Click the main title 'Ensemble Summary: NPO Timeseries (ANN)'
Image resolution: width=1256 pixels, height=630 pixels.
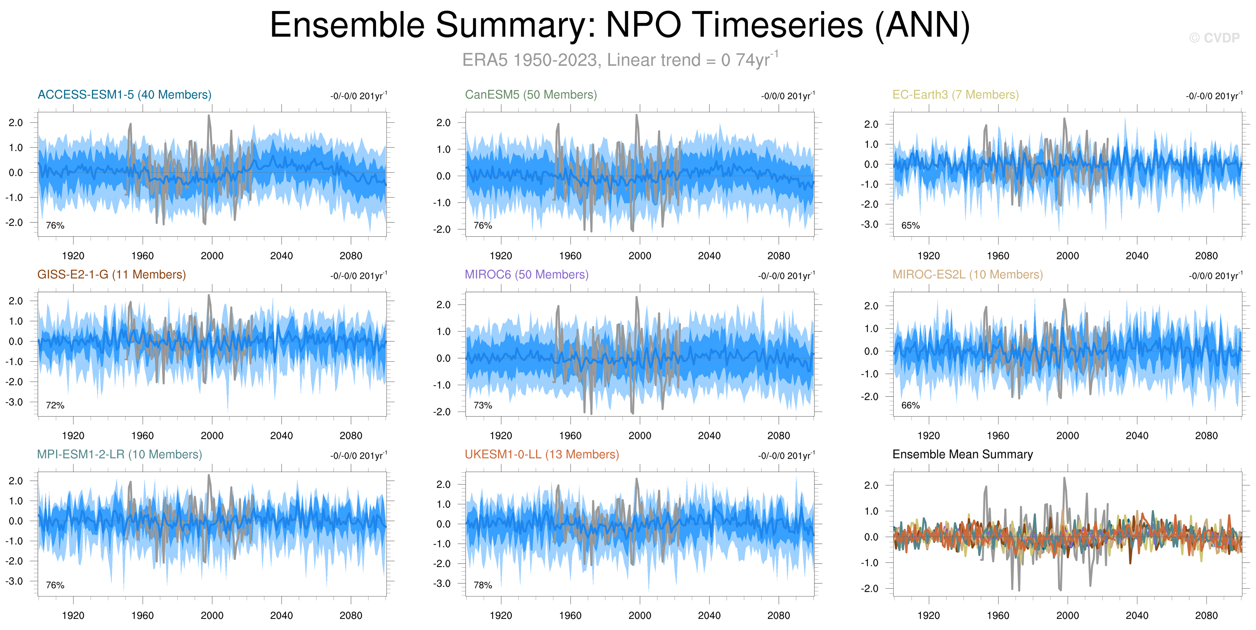click(620, 25)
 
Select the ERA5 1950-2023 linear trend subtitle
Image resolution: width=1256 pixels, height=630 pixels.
click(620, 60)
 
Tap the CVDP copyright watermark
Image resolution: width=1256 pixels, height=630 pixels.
click(1214, 38)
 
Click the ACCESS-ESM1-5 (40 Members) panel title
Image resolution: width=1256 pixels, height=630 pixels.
click(124, 94)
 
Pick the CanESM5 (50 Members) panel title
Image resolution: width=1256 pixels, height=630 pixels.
click(531, 94)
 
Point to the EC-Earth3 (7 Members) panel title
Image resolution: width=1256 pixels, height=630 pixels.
click(956, 94)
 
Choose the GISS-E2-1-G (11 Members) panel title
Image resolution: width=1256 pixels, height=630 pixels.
click(112, 274)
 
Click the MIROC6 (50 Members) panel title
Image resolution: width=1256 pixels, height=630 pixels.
click(527, 274)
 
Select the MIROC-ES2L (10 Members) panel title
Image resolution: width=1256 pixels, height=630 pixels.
click(967, 274)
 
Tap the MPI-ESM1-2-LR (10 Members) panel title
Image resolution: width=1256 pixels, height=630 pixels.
click(120, 454)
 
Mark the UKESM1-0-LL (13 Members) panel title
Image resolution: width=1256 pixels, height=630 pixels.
click(542, 454)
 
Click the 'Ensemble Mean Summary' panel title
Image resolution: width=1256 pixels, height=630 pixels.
click(962, 454)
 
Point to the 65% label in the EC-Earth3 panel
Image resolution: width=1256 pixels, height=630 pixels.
click(910, 226)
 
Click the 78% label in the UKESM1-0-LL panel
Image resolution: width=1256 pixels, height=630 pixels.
click(483, 585)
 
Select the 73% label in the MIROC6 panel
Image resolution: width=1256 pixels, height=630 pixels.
click(483, 405)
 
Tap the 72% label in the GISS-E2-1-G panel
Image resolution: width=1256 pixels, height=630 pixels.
click(55, 405)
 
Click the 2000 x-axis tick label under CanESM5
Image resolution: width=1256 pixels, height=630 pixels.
click(640, 256)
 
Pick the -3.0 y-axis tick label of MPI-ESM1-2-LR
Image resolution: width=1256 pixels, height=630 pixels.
click(14, 581)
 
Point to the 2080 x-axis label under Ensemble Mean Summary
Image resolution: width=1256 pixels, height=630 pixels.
click(1206, 615)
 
